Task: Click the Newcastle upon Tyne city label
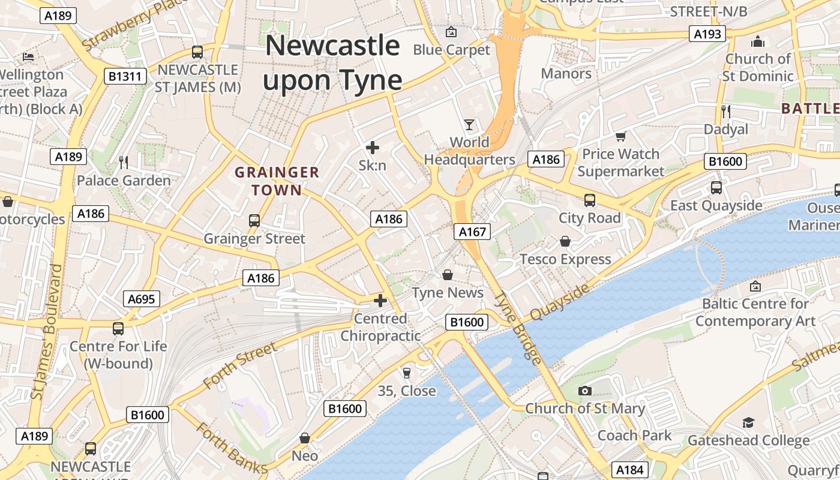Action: (x=332, y=63)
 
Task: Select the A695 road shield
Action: (x=142, y=299)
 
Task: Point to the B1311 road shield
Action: (x=125, y=76)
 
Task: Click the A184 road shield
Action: (x=630, y=470)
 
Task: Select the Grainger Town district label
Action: (x=277, y=181)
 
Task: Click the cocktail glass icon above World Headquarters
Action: (x=469, y=124)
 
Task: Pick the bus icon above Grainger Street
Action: (x=254, y=220)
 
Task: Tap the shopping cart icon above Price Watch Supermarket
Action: (x=620, y=136)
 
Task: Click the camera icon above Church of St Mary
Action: (x=584, y=391)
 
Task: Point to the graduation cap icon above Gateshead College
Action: (x=748, y=422)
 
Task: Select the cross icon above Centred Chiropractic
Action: (x=380, y=300)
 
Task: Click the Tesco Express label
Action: (x=565, y=259)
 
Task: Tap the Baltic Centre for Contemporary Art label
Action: (x=755, y=312)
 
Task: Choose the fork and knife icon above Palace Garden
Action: (x=124, y=162)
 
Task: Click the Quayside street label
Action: (x=559, y=302)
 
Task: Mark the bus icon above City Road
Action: (x=590, y=200)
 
